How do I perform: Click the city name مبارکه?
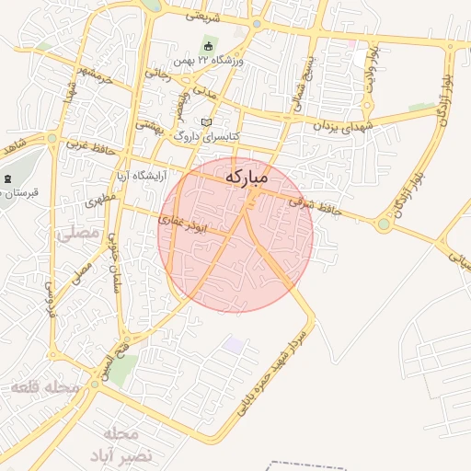click(x=247, y=176)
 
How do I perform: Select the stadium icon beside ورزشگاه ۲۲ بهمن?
click(x=208, y=46)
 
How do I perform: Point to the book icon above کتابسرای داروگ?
click(x=206, y=122)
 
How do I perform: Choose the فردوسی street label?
click(x=51, y=299)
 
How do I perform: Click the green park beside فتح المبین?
click(x=124, y=368)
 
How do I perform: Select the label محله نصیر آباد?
click(x=114, y=443)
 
